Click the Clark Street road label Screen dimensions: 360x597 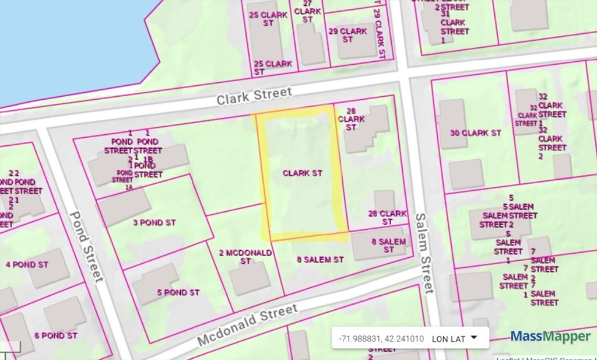pos(254,96)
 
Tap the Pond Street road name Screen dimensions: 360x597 pos(86,246)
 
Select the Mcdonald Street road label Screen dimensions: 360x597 pos(247,324)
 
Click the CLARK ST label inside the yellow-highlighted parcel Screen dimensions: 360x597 pos(303,173)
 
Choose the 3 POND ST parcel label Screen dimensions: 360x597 pos(154,223)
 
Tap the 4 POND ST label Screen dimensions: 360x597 pos(27,264)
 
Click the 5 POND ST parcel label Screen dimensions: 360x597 pos(178,292)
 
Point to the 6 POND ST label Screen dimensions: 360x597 pos(56,335)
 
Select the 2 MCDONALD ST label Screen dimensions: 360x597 pos(245,257)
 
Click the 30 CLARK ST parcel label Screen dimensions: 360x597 pos(476,133)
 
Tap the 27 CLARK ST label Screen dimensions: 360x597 pos(307,11)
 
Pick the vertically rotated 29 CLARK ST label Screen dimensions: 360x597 pos(378,33)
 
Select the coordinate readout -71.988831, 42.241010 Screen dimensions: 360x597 pos(381,338)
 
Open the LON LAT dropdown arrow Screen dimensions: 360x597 pos(473,337)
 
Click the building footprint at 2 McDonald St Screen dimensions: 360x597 pos(249,279)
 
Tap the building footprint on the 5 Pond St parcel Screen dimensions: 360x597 pos(155,284)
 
